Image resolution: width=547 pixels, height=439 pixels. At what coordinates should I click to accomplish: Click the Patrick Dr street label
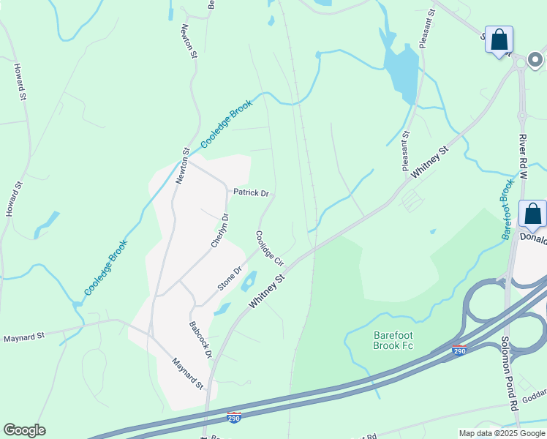[x=251, y=193]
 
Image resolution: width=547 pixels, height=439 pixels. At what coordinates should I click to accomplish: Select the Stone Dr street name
[x=230, y=278]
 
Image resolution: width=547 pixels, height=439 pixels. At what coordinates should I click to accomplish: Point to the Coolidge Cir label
[x=269, y=248]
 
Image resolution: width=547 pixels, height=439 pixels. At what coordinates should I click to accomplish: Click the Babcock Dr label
[x=200, y=339]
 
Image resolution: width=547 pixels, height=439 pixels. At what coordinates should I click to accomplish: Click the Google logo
[x=24, y=430]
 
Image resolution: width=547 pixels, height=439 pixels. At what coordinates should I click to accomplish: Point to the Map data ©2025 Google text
[x=501, y=433]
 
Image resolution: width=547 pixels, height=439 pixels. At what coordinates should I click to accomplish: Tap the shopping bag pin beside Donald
[x=533, y=214]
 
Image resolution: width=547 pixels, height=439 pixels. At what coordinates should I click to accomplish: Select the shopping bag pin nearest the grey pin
[x=499, y=40]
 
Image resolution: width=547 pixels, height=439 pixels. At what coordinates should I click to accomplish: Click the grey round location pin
[x=537, y=57]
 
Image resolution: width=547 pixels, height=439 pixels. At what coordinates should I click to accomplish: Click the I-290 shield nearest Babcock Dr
[x=233, y=417]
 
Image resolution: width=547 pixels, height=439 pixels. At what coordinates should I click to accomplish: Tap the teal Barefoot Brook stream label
[x=508, y=209]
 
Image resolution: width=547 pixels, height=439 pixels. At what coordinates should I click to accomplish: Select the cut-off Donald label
[x=533, y=238]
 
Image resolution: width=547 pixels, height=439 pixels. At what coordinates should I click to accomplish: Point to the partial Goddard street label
[x=535, y=392]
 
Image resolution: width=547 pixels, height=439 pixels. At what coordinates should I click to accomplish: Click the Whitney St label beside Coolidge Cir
[x=265, y=291]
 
